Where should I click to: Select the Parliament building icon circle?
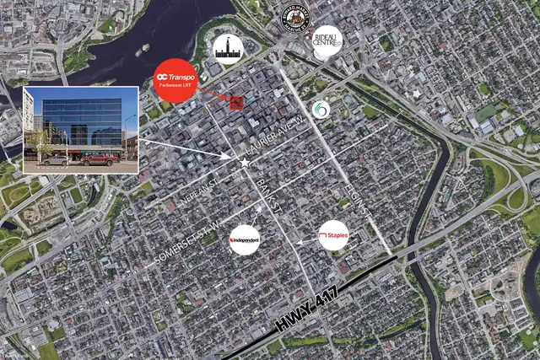pyautogui.click(x=226, y=50)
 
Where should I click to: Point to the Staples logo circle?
pyautogui.click(x=332, y=235)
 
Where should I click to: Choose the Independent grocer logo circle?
pyautogui.click(x=245, y=240)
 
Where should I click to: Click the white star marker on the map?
pyautogui.click(x=245, y=162)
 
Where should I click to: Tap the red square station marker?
pyautogui.click(x=236, y=103)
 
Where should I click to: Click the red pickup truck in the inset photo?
pyautogui.click(x=100, y=158)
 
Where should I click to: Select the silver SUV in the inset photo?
pyautogui.click(x=56, y=159)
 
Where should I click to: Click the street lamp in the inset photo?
pyautogui.click(x=126, y=139)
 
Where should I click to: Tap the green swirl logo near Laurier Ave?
pyautogui.click(x=321, y=110)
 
